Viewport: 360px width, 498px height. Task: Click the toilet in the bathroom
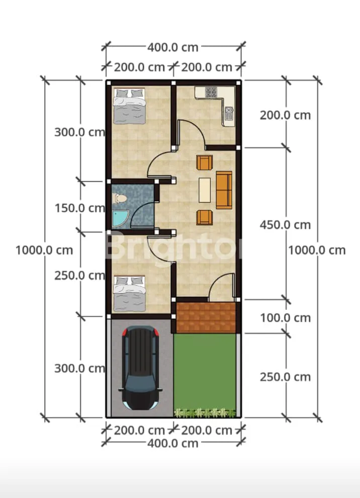click(119, 199)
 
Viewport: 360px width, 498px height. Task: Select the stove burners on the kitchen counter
click(211, 92)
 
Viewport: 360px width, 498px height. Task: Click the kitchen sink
click(229, 113)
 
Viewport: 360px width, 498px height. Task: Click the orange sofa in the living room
click(224, 190)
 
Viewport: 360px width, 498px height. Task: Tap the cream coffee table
click(205, 190)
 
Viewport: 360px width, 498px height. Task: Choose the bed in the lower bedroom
click(130, 293)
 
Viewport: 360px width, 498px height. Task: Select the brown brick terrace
click(206, 317)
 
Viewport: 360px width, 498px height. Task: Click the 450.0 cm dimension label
click(285, 225)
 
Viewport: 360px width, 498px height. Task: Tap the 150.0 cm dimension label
click(79, 208)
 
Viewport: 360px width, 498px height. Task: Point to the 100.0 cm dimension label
click(285, 317)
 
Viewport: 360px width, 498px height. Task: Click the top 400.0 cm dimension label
click(173, 47)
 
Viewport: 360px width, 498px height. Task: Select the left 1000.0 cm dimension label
click(44, 251)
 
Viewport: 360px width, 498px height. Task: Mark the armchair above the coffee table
click(205, 162)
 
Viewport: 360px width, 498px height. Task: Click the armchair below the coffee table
click(205, 217)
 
